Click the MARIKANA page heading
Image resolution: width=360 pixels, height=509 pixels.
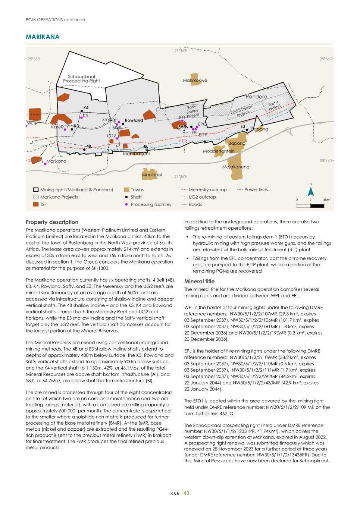click(43, 37)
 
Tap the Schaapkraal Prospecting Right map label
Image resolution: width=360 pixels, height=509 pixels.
click(81, 79)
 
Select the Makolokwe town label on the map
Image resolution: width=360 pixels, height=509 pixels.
click(195, 80)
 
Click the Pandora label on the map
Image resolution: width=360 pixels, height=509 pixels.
click(256, 97)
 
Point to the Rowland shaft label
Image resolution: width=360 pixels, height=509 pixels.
click(134, 120)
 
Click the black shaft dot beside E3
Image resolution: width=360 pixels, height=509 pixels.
click(247, 129)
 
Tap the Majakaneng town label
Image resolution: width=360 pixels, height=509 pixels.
click(236, 167)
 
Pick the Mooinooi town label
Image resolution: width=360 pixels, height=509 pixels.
click(152, 175)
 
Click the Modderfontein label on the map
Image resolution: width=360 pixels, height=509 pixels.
click(219, 151)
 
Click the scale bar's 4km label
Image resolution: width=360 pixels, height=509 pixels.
click(327, 200)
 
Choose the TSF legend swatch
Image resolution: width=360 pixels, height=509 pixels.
click(36, 204)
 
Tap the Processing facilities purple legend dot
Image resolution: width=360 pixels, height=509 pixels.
click(126, 204)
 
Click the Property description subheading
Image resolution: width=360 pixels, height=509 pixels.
click(52, 222)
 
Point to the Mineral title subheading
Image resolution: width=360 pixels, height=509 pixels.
click(199, 282)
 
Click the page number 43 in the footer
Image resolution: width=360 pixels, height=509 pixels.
click(187, 493)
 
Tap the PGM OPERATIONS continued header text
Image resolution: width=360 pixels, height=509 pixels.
click(55, 20)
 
